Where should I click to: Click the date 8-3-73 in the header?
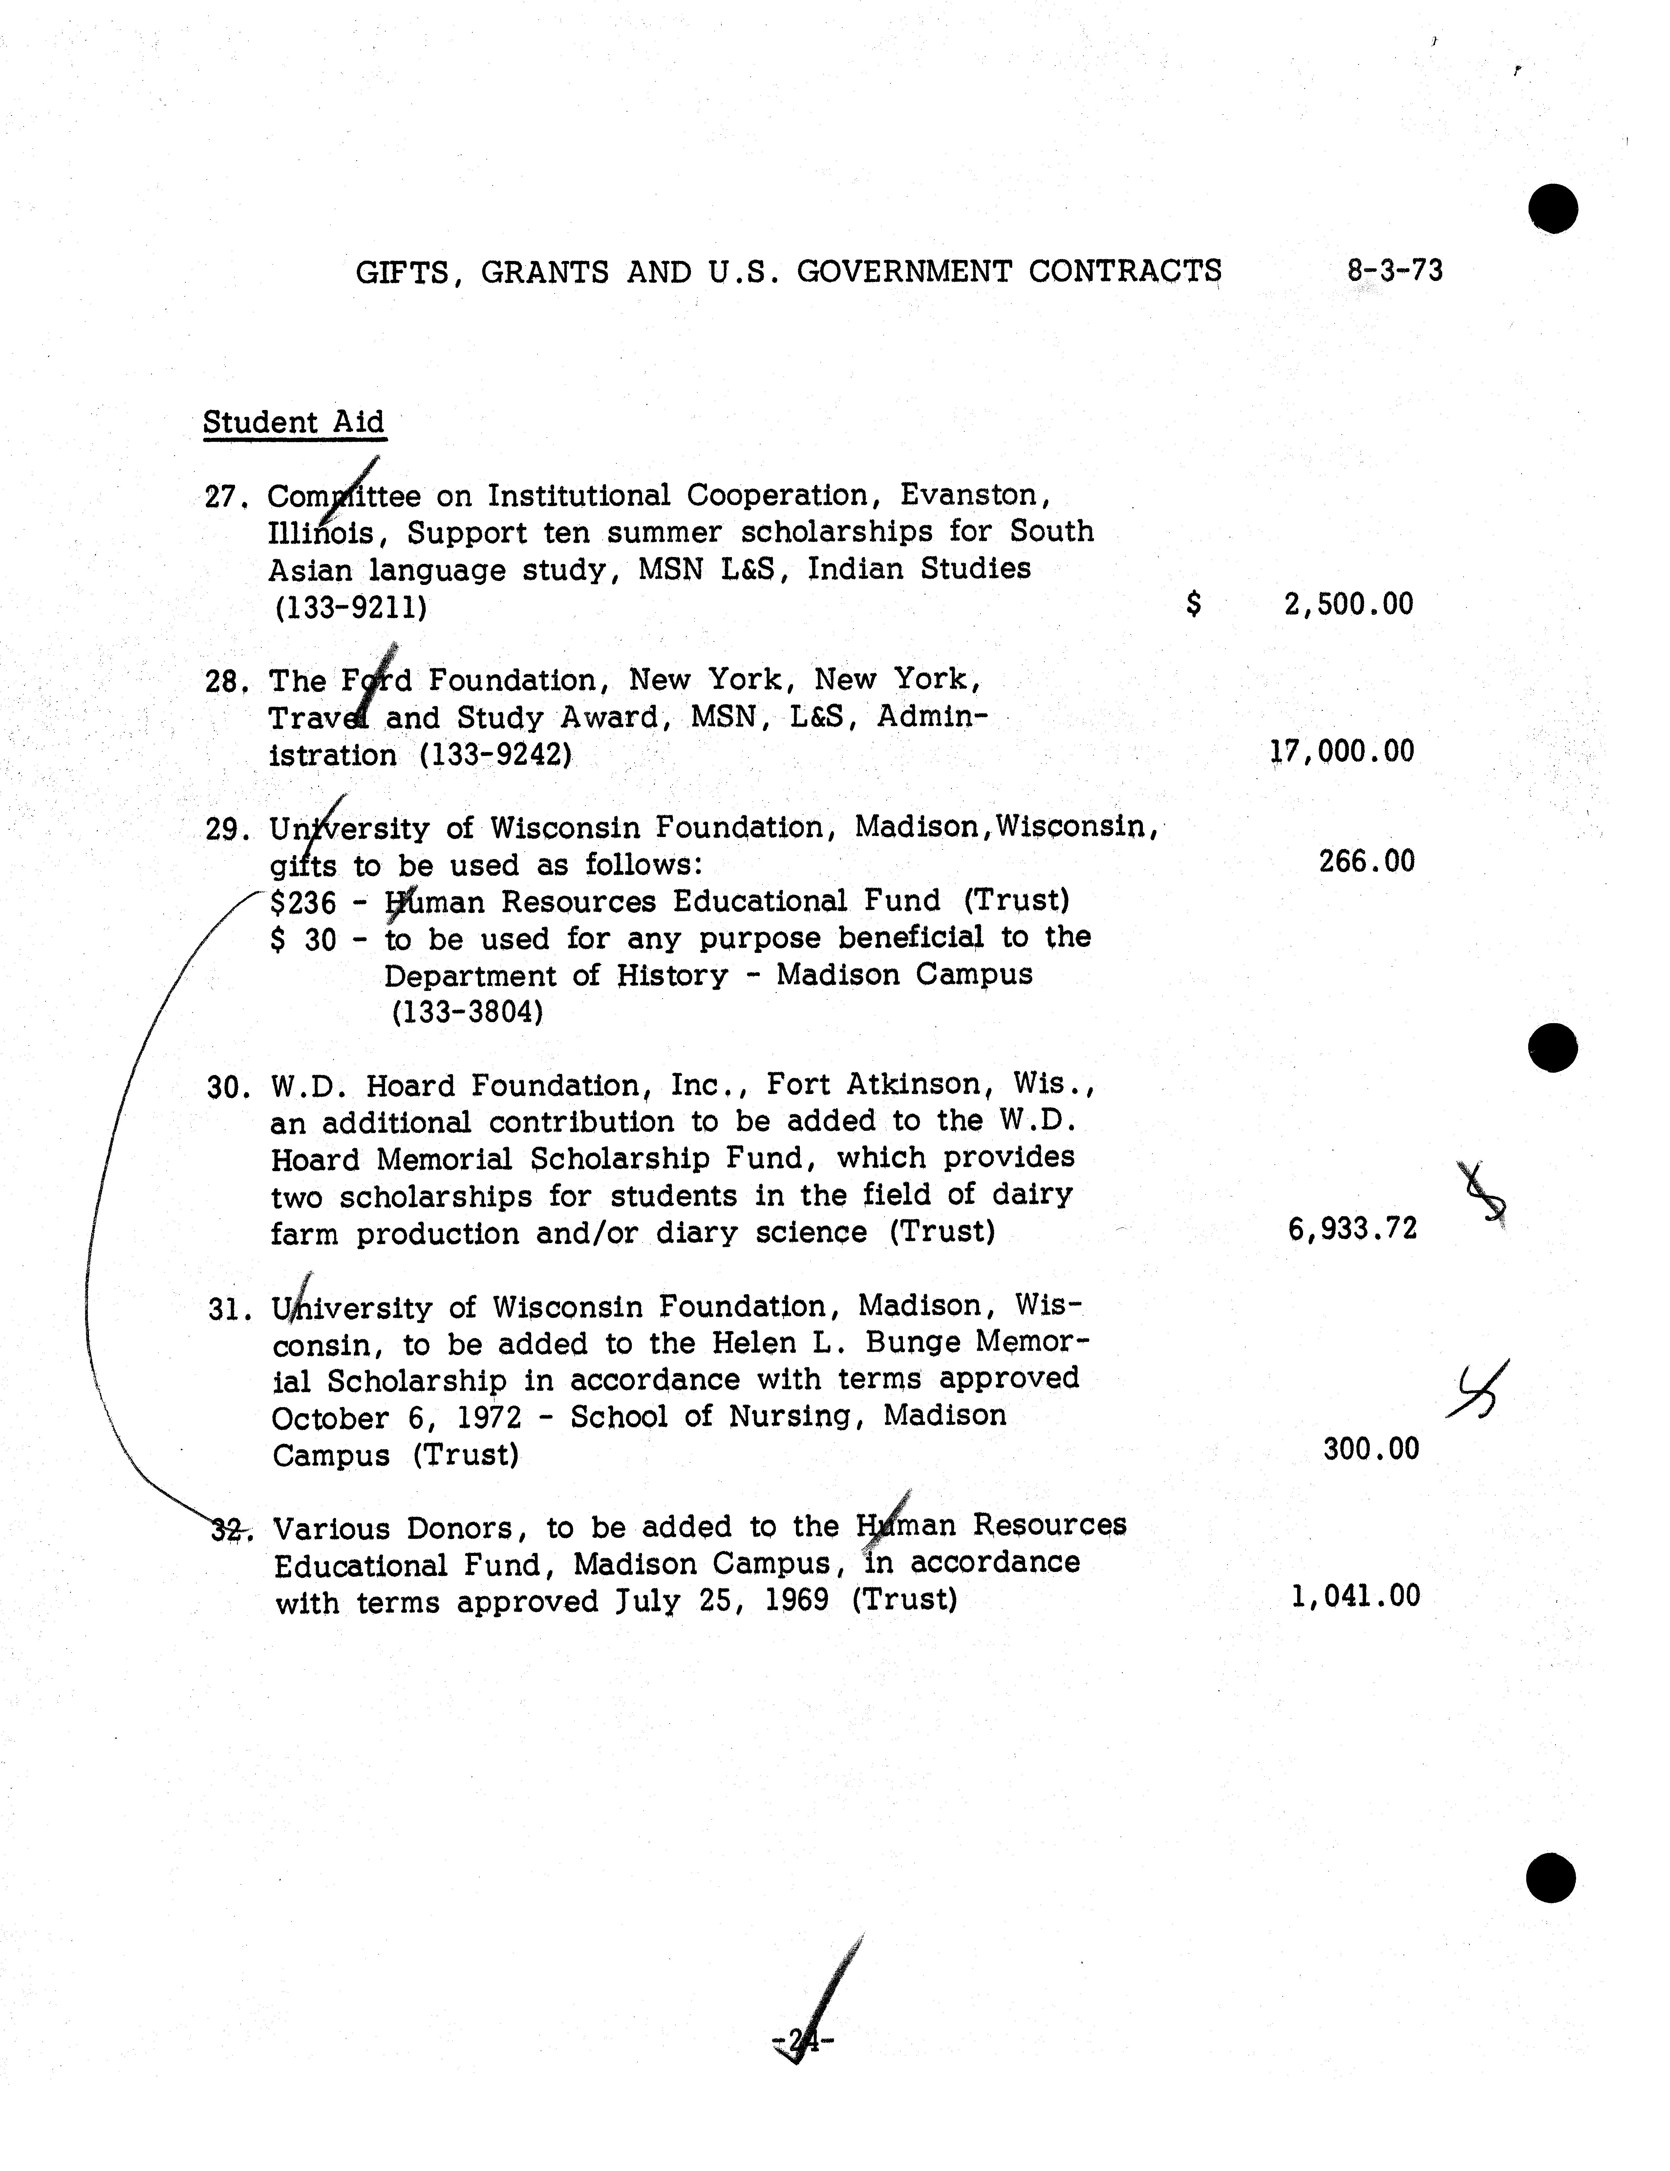click(1395, 270)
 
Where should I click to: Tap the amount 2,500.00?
click(1348, 603)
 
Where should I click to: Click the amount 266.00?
click(1366, 861)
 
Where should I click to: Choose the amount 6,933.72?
click(1352, 1230)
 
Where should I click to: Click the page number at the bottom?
click(801, 2042)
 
